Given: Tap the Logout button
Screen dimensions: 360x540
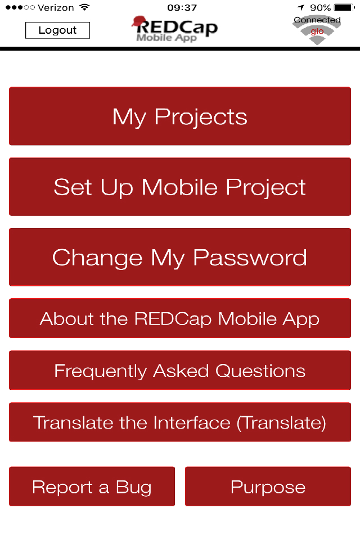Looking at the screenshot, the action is point(57,30).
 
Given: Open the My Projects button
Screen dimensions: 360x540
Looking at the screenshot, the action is point(180,116).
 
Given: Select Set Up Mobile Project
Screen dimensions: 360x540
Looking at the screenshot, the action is point(180,187).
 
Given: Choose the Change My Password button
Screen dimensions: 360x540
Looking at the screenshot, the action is point(180,257).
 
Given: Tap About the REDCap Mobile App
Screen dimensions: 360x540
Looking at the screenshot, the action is point(180,318).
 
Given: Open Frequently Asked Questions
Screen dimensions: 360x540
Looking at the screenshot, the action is point(180,370).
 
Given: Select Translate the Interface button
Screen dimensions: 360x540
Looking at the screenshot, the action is point(180,422).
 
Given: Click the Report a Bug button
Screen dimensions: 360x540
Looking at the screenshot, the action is point(92,486).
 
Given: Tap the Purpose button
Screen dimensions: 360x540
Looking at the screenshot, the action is point(268,486).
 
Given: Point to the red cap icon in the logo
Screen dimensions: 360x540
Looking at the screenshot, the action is point(138,21).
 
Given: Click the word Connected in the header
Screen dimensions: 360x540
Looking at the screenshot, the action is point(317,20).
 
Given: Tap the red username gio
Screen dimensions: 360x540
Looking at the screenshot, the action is point(317,31).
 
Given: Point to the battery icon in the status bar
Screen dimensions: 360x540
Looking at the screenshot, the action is point(344,7).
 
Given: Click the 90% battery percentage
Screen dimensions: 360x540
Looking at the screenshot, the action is point(321,7).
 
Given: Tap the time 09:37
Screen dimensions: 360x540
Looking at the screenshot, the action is point(182,7).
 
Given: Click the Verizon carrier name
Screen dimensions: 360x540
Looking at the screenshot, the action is point(56,7).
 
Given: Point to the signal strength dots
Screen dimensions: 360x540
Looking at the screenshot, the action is point(20,7).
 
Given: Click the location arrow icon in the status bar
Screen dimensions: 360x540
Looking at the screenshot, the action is point(301,7).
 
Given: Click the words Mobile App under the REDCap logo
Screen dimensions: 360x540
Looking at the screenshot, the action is point(166,38).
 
